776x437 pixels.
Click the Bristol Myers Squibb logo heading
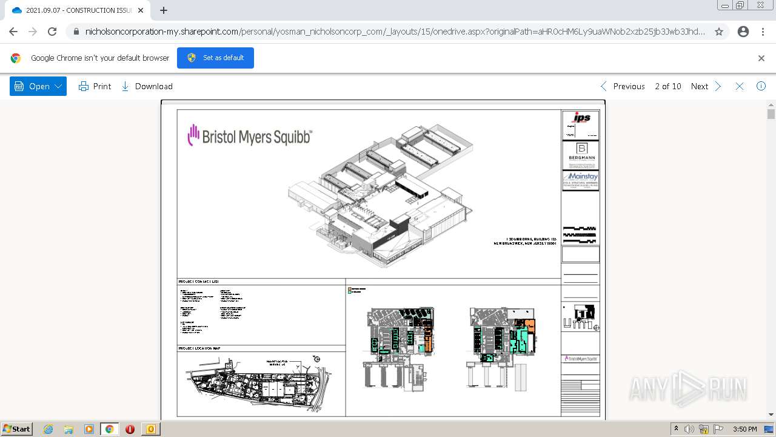tap(250, 136)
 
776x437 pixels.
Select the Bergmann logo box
tap(580, 155)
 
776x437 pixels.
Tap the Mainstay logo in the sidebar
tap(580, 180)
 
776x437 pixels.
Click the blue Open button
tap(38, 86)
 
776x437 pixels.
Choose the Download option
tap(147, 86)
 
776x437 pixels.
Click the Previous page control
tap(623, 86)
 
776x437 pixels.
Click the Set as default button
tap(215, 58)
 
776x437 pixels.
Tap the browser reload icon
tap(52, 32)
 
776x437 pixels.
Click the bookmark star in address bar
tap(719, 32)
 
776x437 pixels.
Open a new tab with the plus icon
tap(164, 10)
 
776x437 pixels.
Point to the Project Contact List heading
tap(198, 282)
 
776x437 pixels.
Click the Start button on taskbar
tap(16, 429)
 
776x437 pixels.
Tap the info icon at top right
tap(761, 86)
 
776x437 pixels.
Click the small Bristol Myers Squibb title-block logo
tap(580, 359)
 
